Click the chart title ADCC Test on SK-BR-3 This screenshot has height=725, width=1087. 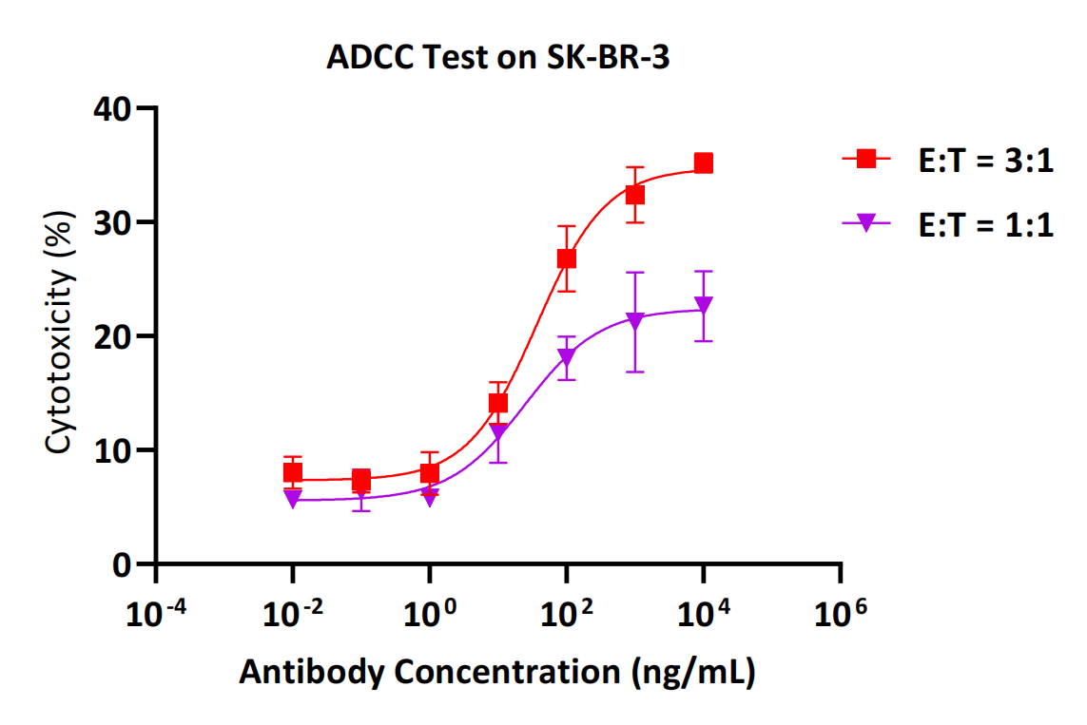click(x=498, y=58)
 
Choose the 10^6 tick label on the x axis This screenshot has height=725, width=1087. click(x=840, y=617)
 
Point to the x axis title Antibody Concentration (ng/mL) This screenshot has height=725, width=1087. click(x=496, y=672)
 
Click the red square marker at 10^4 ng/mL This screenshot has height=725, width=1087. click(x=704, y=163)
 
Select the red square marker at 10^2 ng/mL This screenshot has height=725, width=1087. click(x=567, y=258)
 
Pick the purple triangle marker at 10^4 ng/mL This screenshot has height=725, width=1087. click(x=704, y=306)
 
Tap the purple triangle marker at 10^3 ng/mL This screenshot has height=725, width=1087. click(x=635, y=321)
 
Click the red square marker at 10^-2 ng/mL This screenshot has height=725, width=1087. click(x=293, y=472)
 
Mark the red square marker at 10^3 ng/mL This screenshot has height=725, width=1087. click(x=635, y=195)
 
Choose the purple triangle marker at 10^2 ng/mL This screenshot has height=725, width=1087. click(x=567, y=358)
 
